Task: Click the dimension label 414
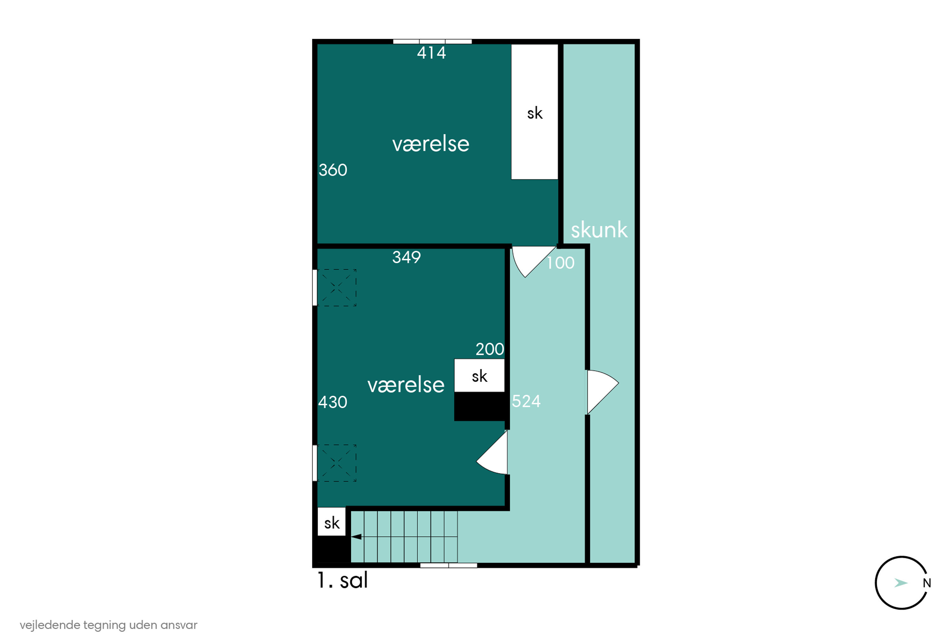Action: tap(432, 53)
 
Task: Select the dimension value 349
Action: tap(407, 257)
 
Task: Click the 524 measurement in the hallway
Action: tap(526, 401)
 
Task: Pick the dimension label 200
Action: tap(490, 349)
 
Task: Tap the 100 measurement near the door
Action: tap(561, 263)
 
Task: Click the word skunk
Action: tap(599, 230)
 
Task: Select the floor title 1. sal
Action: tap(342, 580)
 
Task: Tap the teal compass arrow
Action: tap(901, 583)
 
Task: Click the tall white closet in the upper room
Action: tap(534, 112)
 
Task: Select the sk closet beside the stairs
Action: tap(332, 522)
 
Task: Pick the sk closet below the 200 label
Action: tap(479, 375)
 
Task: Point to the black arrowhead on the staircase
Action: tap(356, 537)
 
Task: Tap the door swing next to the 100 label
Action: tap(533, 261)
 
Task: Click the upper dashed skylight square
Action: tap(336, 288)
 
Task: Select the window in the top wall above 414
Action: tap(432, 41)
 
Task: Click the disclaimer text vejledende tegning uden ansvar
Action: tap(109, 625)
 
